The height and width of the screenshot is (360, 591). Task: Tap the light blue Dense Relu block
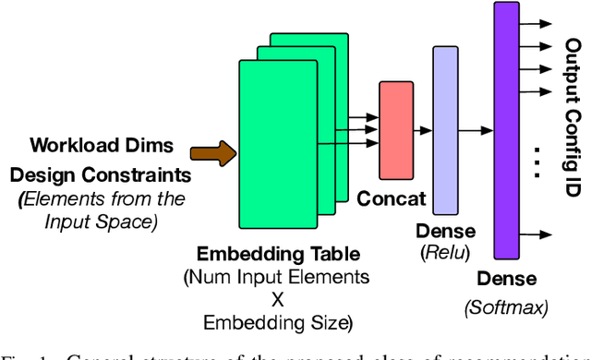446,128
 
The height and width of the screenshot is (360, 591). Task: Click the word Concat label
392,198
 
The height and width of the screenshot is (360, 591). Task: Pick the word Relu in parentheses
447,250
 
